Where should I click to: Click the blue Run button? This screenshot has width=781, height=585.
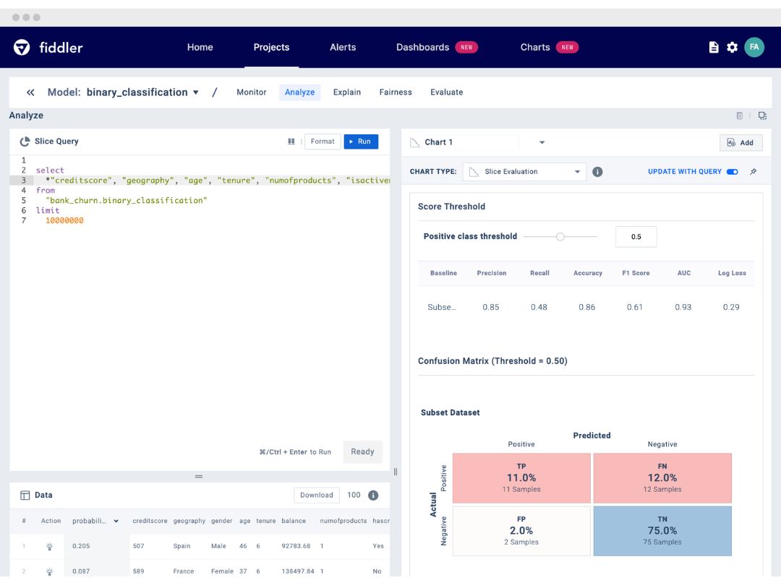[x=361, y=142]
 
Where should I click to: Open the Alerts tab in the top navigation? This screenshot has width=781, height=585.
[x=343, y=47]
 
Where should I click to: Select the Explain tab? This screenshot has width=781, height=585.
[x=346, y=92]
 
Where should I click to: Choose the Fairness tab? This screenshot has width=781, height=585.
[x=396, y=92]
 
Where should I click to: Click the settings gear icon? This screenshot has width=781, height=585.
[x=732, y=47]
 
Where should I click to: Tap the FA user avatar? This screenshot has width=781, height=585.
[x=754, y=47]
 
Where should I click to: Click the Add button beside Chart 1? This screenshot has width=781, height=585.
[x=741, y=143]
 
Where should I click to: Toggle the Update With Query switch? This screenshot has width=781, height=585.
[x=732, y=172]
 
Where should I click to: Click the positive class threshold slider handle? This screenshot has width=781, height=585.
[x=560, y=237]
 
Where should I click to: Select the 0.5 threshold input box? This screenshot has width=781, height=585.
[x=636, y=237]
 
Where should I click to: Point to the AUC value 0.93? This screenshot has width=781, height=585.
[x=683, y=308]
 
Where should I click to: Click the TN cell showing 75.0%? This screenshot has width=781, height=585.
[x=662, y=531]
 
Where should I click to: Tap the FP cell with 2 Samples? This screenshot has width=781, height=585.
[x=521, y=531]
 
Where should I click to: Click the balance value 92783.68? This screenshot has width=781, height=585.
[x=296, y=546]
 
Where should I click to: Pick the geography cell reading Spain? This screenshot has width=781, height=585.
[x=182, y=546]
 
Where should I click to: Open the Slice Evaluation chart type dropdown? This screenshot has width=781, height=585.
[x=524, y=172]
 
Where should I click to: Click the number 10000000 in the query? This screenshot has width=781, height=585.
[x=65, y=221]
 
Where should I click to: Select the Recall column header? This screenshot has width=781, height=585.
[x=539, y=273]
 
